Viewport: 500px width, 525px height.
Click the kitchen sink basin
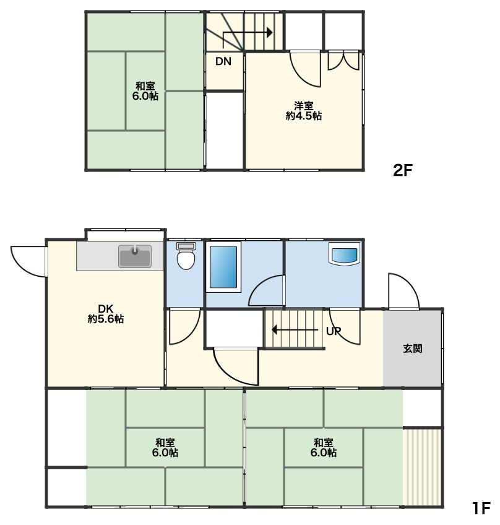click(134, 256)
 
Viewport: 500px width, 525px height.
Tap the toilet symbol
click(186, 256)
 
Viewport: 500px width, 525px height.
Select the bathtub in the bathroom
click(223, 267)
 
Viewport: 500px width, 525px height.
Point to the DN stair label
click(223, 61)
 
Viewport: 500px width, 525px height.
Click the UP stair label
click(334, 331)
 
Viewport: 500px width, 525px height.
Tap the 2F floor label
click(403, 170)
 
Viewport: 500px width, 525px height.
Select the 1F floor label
click(481, 508)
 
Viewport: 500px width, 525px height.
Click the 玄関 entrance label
click(412, 349)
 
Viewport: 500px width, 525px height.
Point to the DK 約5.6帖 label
click(106, 313)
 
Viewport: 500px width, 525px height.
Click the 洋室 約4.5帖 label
click(304, 111)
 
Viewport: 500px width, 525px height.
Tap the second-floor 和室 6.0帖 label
click(145, 91)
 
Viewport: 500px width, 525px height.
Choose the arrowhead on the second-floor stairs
click(270, 32)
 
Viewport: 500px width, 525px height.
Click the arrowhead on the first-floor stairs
click(275, 330)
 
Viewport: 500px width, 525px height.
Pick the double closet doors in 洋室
click(343, 60)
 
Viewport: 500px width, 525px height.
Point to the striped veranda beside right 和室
click(423, 467)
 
